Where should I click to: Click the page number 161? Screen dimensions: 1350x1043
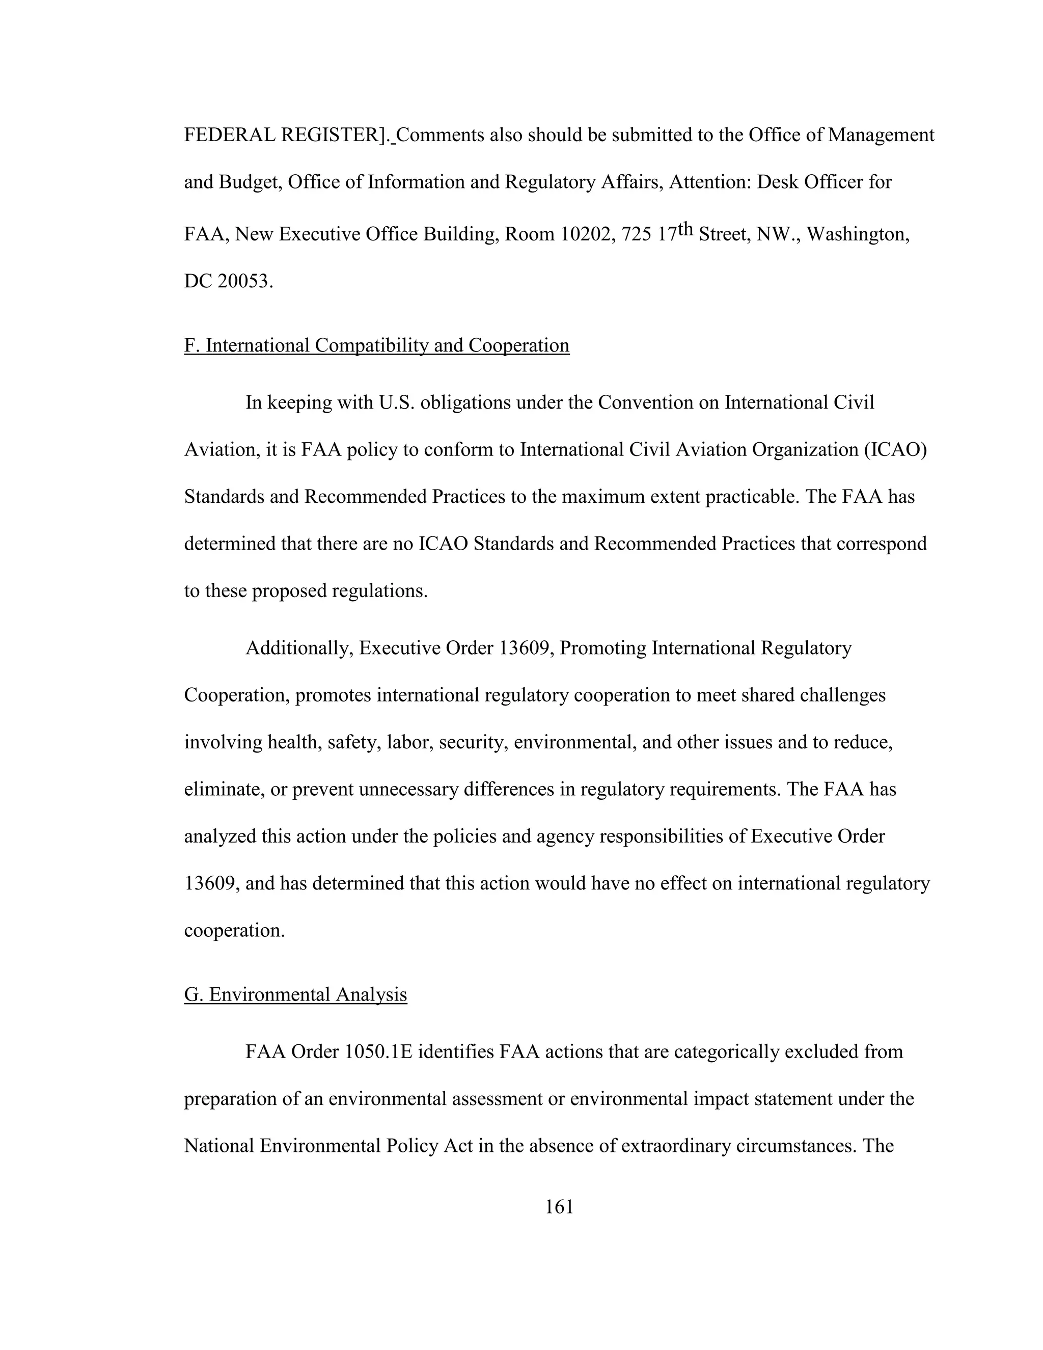click(559, 1206)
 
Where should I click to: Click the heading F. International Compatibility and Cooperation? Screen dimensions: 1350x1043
click(376, 345)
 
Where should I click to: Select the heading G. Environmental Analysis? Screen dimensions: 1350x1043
click(295, 994)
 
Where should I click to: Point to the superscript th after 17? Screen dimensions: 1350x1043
click(685, 229)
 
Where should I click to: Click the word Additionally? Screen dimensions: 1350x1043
click(298, 649)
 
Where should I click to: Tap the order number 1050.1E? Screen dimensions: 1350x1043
click(378, 1052)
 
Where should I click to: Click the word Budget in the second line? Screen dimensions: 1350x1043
click(247, 182)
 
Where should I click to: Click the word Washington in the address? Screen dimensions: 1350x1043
click(857, 235)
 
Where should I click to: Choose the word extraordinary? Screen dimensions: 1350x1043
click(675, 1146)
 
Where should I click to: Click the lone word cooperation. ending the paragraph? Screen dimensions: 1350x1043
click(234, 931)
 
